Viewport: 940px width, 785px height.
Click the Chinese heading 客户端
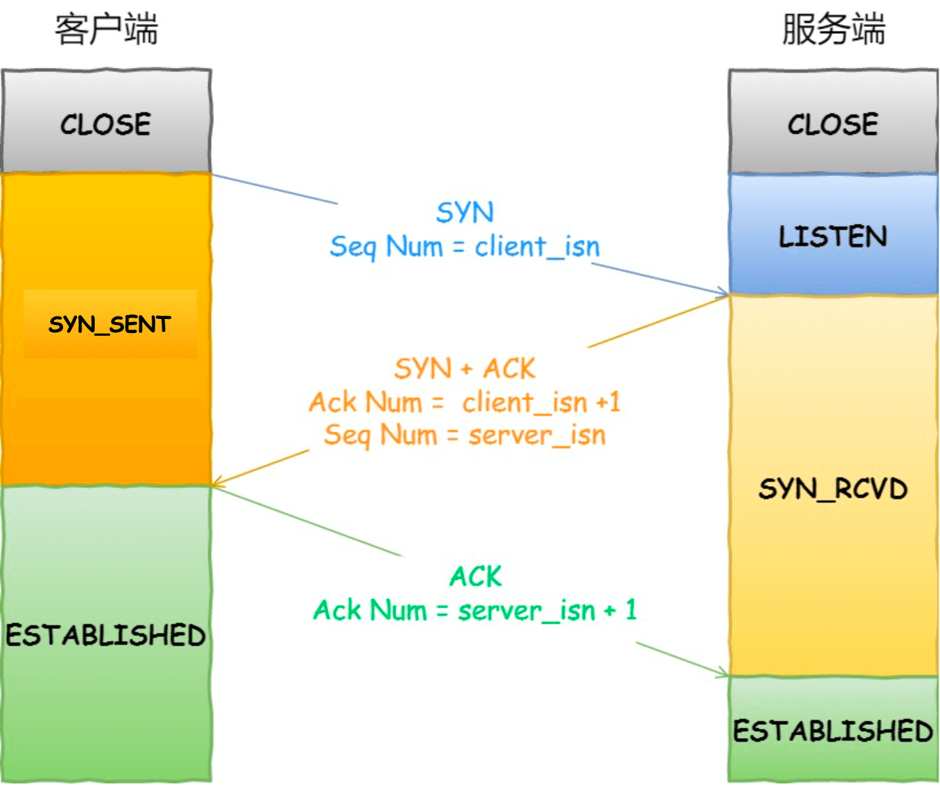(x=106, y=29)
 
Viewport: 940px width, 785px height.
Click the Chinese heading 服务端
(x=833, y=29)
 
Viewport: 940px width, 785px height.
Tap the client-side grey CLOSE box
(x=106, y=123)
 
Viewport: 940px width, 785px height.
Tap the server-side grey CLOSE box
(x=833, y=123)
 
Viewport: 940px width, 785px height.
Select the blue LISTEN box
(x=833, y=236)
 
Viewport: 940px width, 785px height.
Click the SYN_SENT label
(x=109, y=324)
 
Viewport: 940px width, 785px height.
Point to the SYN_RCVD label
(x=833, y=488)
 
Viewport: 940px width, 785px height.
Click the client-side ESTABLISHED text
(x=106, y=636)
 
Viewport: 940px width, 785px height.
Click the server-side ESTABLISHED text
(x=833, y=730)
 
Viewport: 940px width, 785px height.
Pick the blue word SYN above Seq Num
(x=465, y=212)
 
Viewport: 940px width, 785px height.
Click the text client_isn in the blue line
(x=537, y=247)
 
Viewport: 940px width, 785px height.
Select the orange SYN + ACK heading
(x=465, y=368)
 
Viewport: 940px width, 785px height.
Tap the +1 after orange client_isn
(x=607, y=402)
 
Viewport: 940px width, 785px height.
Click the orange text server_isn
(x=537, y=435)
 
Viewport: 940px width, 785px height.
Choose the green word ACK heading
(x=476, y=576)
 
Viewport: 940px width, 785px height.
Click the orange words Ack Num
(x=366, y=402)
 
